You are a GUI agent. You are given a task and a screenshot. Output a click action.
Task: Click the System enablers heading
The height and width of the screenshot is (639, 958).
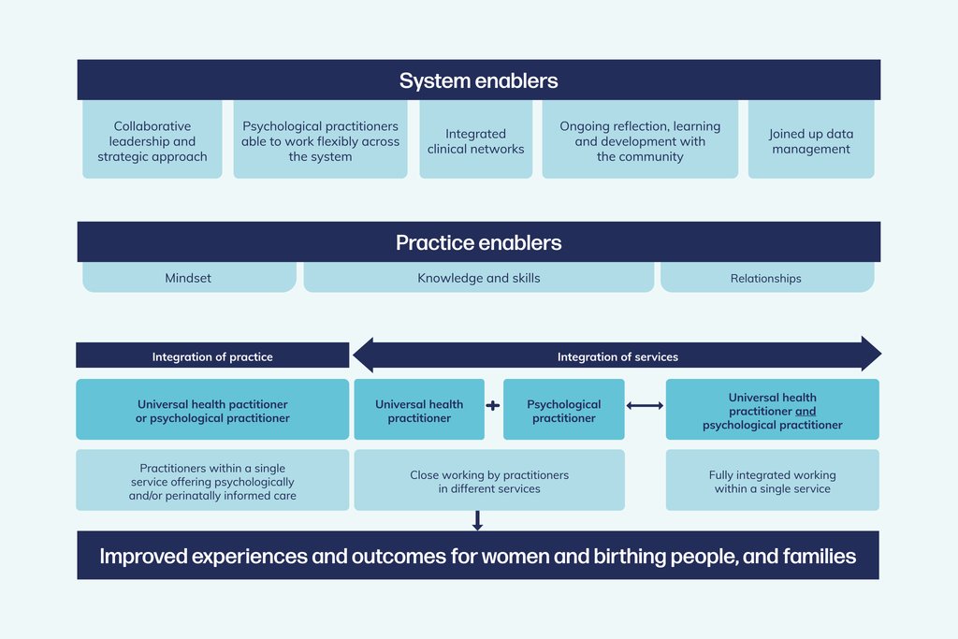(478, 80)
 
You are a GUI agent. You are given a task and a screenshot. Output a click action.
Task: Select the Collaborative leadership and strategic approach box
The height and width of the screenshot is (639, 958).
(152, 141)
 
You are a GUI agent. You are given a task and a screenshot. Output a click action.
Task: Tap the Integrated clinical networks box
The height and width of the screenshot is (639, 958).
(475, 141)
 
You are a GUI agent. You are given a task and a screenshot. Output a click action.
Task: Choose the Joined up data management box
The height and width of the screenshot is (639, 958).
(811, 141)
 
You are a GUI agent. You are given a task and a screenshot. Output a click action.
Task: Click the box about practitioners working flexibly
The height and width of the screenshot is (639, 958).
(320, 141)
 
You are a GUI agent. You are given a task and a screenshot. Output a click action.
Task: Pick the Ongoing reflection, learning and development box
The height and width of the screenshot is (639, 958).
(640, 141)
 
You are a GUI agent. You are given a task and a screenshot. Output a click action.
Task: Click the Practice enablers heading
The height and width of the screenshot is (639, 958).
(478, 243)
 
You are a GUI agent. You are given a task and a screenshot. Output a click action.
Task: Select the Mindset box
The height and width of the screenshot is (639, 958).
(188, 278)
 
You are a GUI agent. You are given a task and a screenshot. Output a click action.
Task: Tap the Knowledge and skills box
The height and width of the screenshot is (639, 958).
(478, 278)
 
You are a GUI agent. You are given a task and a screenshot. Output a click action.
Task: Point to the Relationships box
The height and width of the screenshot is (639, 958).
(766, 278)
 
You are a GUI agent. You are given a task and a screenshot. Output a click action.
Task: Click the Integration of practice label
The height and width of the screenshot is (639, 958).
(212, 356)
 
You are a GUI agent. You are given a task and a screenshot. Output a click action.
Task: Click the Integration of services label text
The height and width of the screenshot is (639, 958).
(617, 356)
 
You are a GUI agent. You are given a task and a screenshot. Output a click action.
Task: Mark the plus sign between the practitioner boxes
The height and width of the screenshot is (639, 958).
(494, 405)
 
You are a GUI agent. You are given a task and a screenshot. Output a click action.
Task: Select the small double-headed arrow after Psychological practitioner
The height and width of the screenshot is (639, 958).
(645, 405)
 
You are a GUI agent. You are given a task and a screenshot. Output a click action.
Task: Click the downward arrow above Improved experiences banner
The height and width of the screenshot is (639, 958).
(478, 520)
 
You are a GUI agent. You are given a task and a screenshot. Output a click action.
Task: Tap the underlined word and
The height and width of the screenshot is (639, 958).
(806, 412)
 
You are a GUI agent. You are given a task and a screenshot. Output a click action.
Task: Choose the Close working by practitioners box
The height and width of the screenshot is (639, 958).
(488, 481)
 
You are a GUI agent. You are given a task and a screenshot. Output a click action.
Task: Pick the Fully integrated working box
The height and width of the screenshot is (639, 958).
(772, 481)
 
